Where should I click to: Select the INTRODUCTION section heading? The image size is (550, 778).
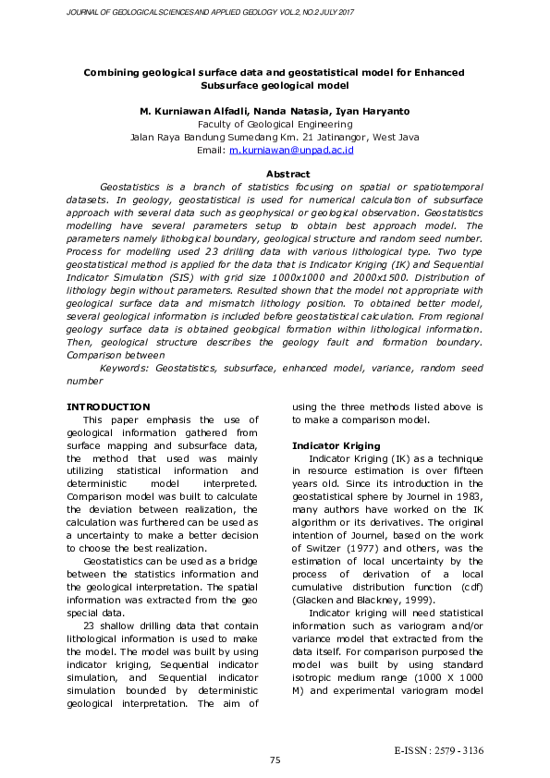point(108,407)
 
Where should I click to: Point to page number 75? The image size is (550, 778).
point(275,760)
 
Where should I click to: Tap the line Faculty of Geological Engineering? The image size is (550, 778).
point(275,123)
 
